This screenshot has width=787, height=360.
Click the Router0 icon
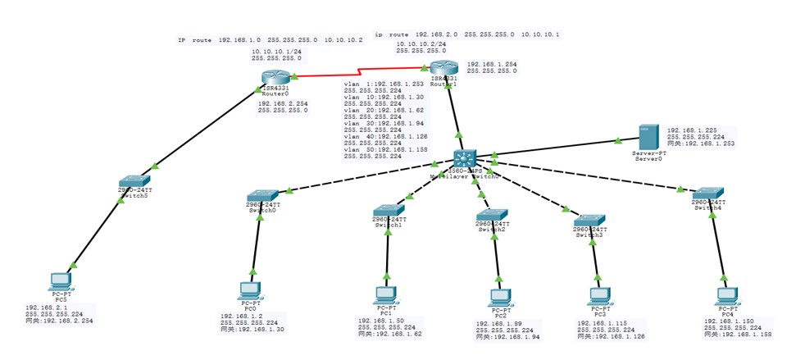pyautogui.click(x=271, y=79)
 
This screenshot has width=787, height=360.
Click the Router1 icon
pyautogui.click(x=443, y=68)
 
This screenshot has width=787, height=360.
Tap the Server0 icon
pyautogui.click(x=649, y=136)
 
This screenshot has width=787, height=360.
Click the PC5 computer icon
pyautogui.click(x=60, y=281)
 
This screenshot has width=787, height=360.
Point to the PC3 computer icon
pyautogui.click(x=600, y=298)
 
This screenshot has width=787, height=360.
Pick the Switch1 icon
pyautogui.click(x=385, y=211)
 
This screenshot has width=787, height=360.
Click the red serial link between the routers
pyautogui.click(x=361, y=71)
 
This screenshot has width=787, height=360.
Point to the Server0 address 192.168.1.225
pyautogui.click(x=693, y=130)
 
